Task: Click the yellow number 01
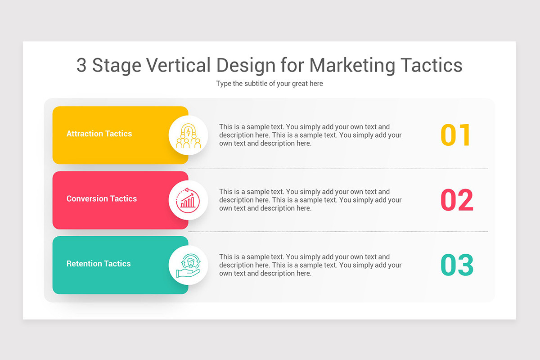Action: point(455,135)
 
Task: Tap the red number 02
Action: point(457,200)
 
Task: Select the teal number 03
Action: point(457,265)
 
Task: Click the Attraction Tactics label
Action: point(99,134)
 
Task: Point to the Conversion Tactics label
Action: point(102,198)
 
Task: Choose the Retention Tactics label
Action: point(99,264)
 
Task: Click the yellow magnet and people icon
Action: point(188,135)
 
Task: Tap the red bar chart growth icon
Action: point(188,200)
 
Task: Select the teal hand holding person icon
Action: point(188,265)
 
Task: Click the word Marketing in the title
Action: point(352,65)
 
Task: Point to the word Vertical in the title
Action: point(179,65)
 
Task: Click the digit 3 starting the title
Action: point(81,65)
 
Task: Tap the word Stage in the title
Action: point(117,66)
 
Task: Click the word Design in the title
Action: point(246,66)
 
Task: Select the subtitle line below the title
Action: point(270,84)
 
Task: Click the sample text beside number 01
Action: point(310,135)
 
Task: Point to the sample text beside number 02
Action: point(310,200)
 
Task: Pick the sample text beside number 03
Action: point(310,265)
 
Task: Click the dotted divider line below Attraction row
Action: point(338,169)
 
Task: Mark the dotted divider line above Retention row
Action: point(338,231)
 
